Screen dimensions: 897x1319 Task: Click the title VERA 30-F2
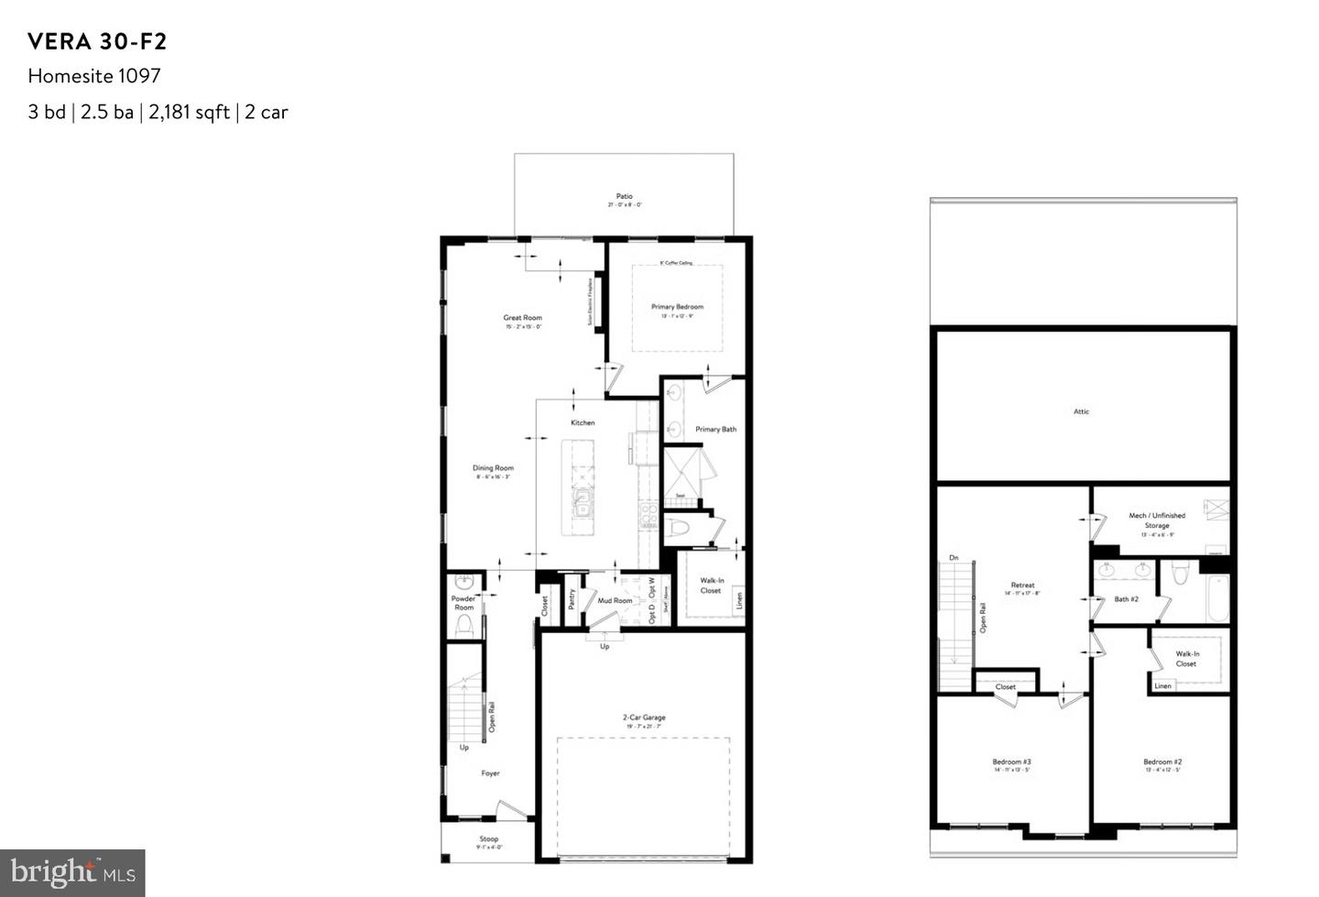pyautogui.click(x=97, y=41)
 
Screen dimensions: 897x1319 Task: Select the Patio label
pyautogui.click(x=624, y=196)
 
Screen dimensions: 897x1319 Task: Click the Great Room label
pyautogui.click(x=522, y=318)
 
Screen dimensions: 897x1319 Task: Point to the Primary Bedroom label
pyautogui.click(x=677, y=307)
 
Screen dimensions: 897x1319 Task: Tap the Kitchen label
pyautogui.click(x=583, y=422)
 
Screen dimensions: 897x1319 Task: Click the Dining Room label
pyautogui.click(x=493, y=468)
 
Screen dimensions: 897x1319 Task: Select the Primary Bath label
pyautogui.click(x=715, y=429)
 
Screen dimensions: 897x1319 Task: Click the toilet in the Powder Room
pyautogui.click(x=464, y=625)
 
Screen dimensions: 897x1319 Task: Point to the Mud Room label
pyautogui.click(x=615, y=601)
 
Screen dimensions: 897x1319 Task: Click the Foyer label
pyautogui.click(x=491, y=773)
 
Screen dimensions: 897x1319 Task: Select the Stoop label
pyautogui.click(x=489, y=838)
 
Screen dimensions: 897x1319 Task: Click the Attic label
pyautogui.click(x=1082, y=411)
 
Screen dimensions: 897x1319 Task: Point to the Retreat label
pyautogui.click(x=1023, y=585)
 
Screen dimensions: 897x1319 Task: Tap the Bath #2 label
pyautogui.click(x=1126, y=599)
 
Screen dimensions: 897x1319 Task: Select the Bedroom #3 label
pyautogui.click(x=1011, y=761)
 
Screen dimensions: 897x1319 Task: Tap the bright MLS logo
pyautogui.click(x=72, y=872)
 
